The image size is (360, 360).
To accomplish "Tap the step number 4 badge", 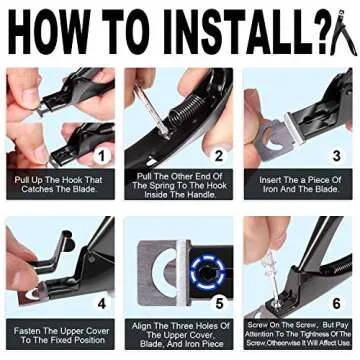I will click(98, 299).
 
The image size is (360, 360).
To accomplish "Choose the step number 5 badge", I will click(218, 299).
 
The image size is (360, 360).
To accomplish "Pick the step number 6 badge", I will click(335, 299).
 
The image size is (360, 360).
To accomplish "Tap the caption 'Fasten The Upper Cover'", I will click(59, 331).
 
